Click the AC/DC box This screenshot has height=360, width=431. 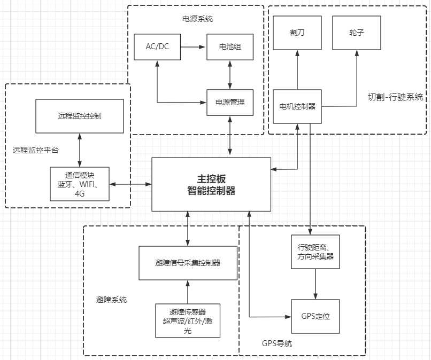pyautogui.click(x=157, y=47)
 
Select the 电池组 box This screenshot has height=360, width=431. pyautogui.click(x=229, y=47)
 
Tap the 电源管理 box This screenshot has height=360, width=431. pyautogui.click(x=229, y=101)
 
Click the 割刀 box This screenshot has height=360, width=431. pyautogui.click(x=297, y=33)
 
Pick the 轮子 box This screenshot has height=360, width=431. pyautogui.click(x=357, y=33)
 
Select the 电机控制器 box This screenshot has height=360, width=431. pyautogui.click(x=297, y=106)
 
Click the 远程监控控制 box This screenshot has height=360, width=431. pyautogui.click(x=80, y=115)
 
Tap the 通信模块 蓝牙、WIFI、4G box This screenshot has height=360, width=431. pyautogui.click(x=80, y=184)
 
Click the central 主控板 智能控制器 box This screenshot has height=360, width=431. pyautogui.click(x=212, y=184)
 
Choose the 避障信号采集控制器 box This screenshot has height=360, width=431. pyautogui.click(x=188, y=263)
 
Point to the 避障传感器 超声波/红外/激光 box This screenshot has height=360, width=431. pyautogui.click(x=188, y=320)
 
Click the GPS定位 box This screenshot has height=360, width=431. pyautogui.click(x=315, y=316)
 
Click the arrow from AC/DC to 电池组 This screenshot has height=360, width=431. pyautogui.click(x=194, y=47)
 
